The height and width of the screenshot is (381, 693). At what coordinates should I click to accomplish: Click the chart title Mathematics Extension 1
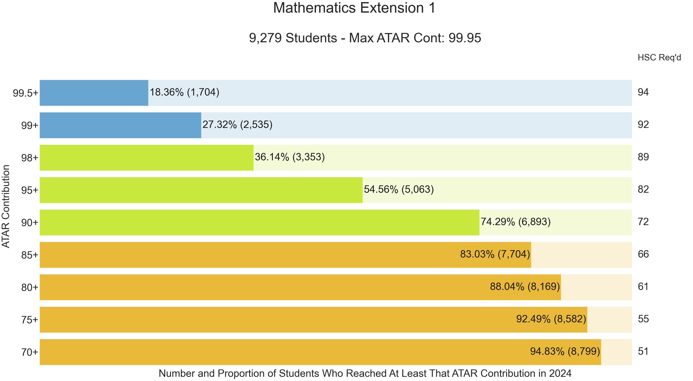(x=354, y=8)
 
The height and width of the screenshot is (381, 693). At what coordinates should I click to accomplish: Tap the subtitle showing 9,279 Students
(x=365, y=38)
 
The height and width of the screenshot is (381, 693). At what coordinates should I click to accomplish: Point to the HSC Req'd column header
(x=659, y=57)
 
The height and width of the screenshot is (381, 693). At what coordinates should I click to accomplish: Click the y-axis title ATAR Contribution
(x=6, y=206)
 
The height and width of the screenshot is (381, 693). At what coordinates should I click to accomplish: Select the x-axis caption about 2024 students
(x=365, y=373)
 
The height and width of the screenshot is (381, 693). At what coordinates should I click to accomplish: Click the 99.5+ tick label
(x=26, y=93)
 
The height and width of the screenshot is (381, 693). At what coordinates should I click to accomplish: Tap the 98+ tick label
(x=30, y=158)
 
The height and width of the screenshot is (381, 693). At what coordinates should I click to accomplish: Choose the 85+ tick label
(x=30, y=255)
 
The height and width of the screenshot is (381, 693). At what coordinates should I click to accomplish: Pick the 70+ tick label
(x=30, y=352)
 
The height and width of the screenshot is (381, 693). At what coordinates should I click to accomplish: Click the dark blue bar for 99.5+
(x=94, y=93)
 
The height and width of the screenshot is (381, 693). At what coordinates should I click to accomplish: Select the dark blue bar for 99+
(x=121, y=125)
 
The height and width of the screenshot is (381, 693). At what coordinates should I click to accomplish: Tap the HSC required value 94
(x=643, y=92)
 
